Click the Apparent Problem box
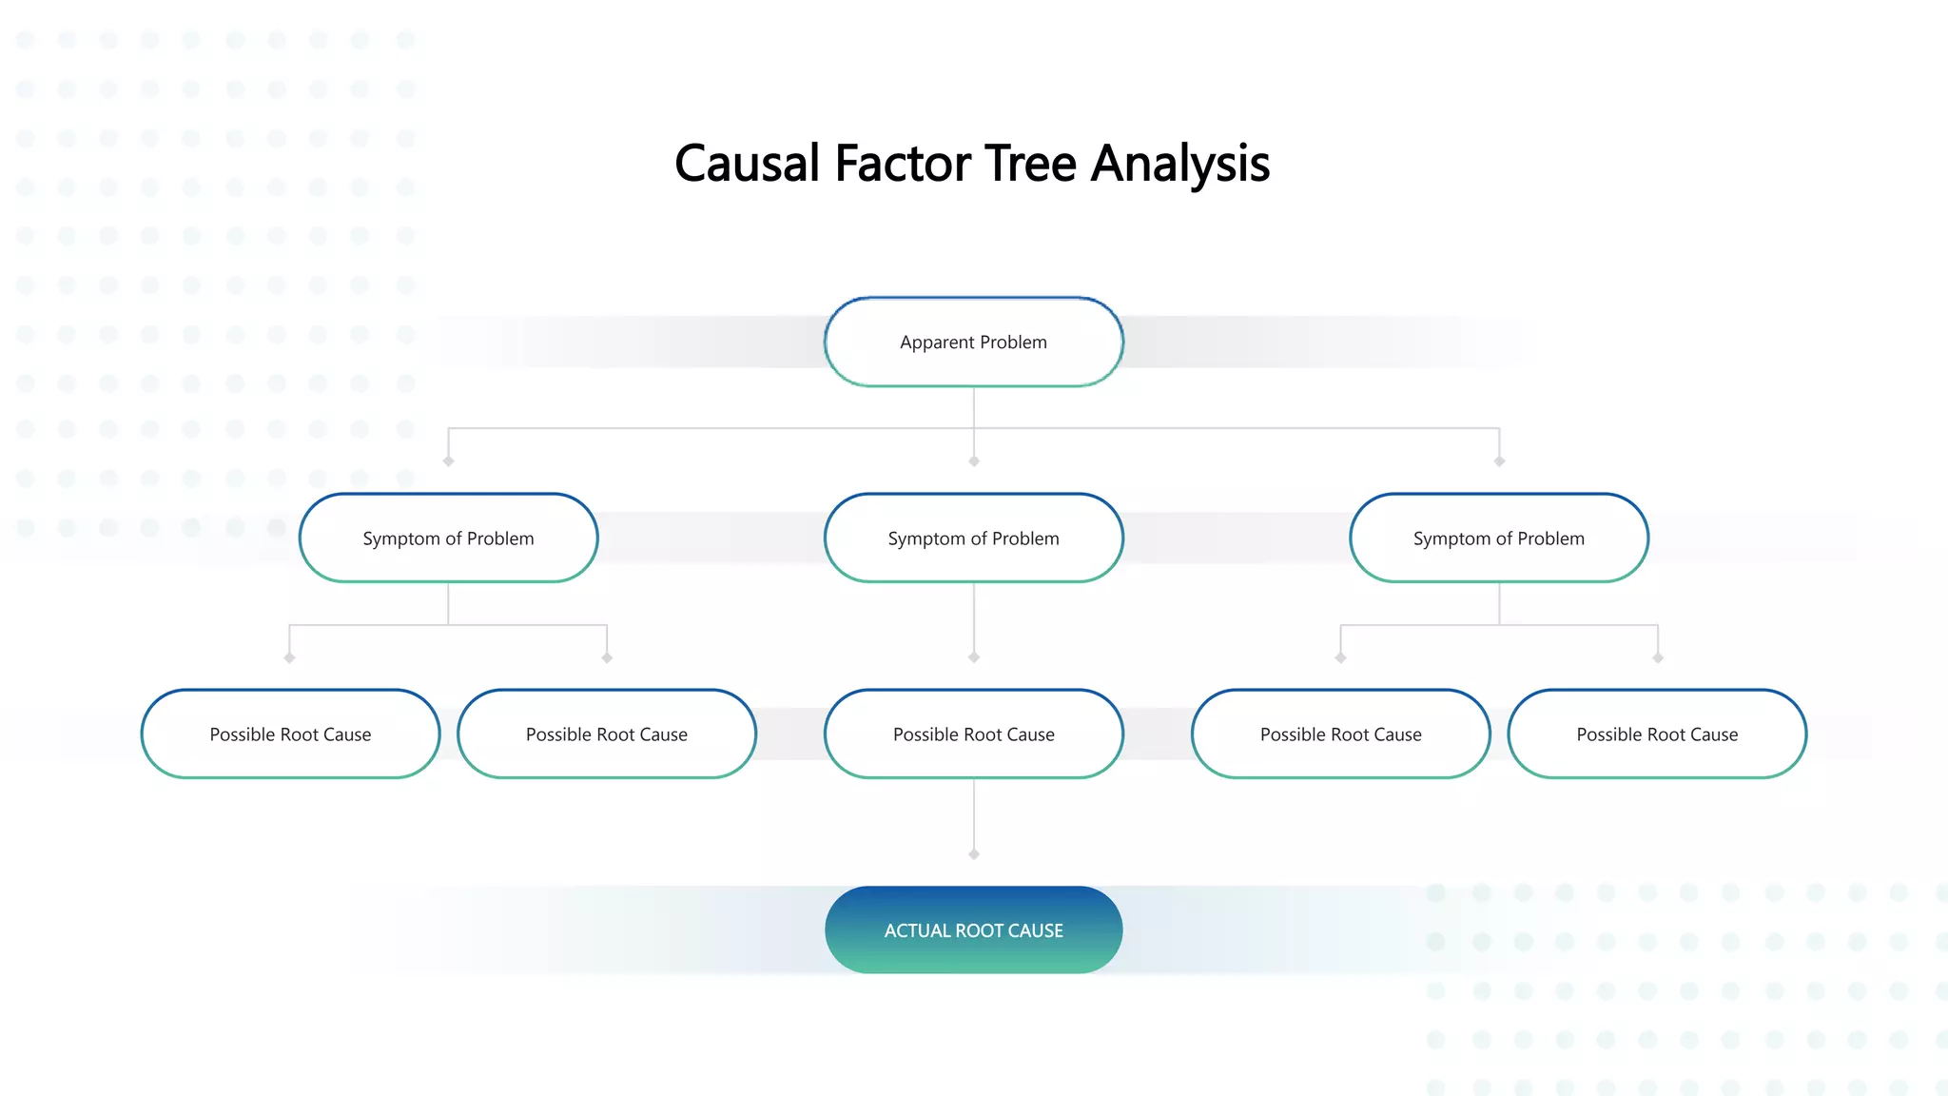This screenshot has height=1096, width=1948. (973, 342)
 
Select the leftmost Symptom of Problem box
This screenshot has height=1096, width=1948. (448, 538)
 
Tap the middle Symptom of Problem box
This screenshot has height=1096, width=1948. (973, 538)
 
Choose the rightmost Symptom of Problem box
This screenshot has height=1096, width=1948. (1498, 538)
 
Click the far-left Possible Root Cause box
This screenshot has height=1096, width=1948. (290, 734)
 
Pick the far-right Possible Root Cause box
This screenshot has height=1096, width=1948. (1657, 734)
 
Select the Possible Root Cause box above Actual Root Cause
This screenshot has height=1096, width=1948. (973, 734)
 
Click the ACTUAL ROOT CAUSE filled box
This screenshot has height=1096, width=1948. (973, 930)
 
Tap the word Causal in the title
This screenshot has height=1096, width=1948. (747, 164)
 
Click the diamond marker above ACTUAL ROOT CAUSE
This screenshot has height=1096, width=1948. (973, 854)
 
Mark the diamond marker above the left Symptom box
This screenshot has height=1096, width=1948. (448, 461)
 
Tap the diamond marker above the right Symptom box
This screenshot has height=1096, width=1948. (1499, 461)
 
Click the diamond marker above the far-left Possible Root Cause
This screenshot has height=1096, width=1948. (289, 658)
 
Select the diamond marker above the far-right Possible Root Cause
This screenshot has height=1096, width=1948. (1658, 658)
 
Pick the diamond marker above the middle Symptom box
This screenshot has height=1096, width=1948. (973, 461)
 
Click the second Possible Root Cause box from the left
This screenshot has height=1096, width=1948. (607, 734)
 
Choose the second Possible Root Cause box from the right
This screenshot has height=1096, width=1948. (1340, 734)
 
